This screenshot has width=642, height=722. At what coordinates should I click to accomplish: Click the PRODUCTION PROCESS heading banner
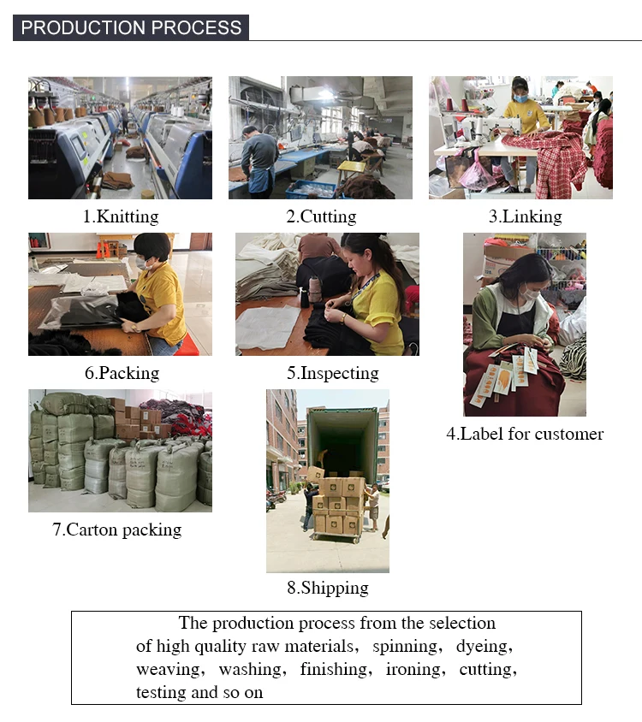click(x=131, y=27)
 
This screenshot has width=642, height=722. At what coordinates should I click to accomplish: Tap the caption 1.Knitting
click(x=121, y=216)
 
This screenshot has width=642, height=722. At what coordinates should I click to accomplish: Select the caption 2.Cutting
click(x=321, y=216)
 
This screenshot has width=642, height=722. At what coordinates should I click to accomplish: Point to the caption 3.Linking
click(x=526, y=216)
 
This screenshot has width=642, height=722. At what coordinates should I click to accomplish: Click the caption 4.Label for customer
click(x=525, y=434)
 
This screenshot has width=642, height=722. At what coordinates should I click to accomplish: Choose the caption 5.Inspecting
click(x=333, y=373)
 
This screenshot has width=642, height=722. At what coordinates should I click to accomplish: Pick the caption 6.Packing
click(x=122, y=373)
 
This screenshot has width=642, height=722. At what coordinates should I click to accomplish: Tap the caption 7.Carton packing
click(x=117, y=530)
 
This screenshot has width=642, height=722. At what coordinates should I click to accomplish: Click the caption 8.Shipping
click(x=328, y=588)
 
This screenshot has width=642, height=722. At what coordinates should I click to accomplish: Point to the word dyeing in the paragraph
click(x=484, y=646)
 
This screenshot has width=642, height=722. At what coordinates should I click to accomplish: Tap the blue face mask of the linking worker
click(x=520, y=98)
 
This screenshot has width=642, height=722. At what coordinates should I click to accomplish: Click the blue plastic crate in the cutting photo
click(x=311, y=189)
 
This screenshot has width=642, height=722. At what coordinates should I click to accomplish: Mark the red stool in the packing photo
click(x=187, y=346)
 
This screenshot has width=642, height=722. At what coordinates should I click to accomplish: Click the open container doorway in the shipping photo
click(x=342, y=442)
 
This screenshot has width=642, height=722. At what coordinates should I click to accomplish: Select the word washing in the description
click(x=253, y=669)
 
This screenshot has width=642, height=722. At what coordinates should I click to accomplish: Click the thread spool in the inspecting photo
click(x=315, y=288)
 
